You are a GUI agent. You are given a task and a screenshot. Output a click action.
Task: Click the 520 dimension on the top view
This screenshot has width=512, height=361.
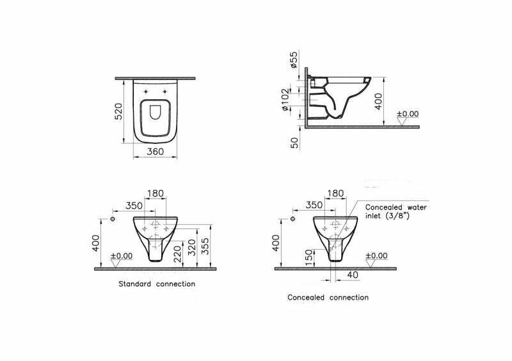click(118, 111)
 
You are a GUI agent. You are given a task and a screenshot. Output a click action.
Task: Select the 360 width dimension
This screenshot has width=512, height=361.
click(156, 152)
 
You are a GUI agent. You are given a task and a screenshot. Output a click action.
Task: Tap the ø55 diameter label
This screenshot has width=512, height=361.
click(294, 60)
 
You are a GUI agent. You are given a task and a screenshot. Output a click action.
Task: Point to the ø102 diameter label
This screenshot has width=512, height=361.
click(285, 99)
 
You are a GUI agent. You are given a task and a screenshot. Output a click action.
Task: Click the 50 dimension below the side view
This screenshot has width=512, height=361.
click(294, 143)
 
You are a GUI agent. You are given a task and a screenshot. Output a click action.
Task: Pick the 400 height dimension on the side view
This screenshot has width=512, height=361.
click(378, 101)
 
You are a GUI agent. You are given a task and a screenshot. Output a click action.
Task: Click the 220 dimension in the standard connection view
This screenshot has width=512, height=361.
click(177, 254)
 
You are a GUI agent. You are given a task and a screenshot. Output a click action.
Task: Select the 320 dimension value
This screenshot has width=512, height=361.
click(192, 248)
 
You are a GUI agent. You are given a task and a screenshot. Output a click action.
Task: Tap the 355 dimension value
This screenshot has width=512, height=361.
click(205, 246)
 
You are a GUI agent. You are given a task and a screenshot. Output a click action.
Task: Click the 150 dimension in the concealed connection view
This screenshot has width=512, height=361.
click(308, 255)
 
